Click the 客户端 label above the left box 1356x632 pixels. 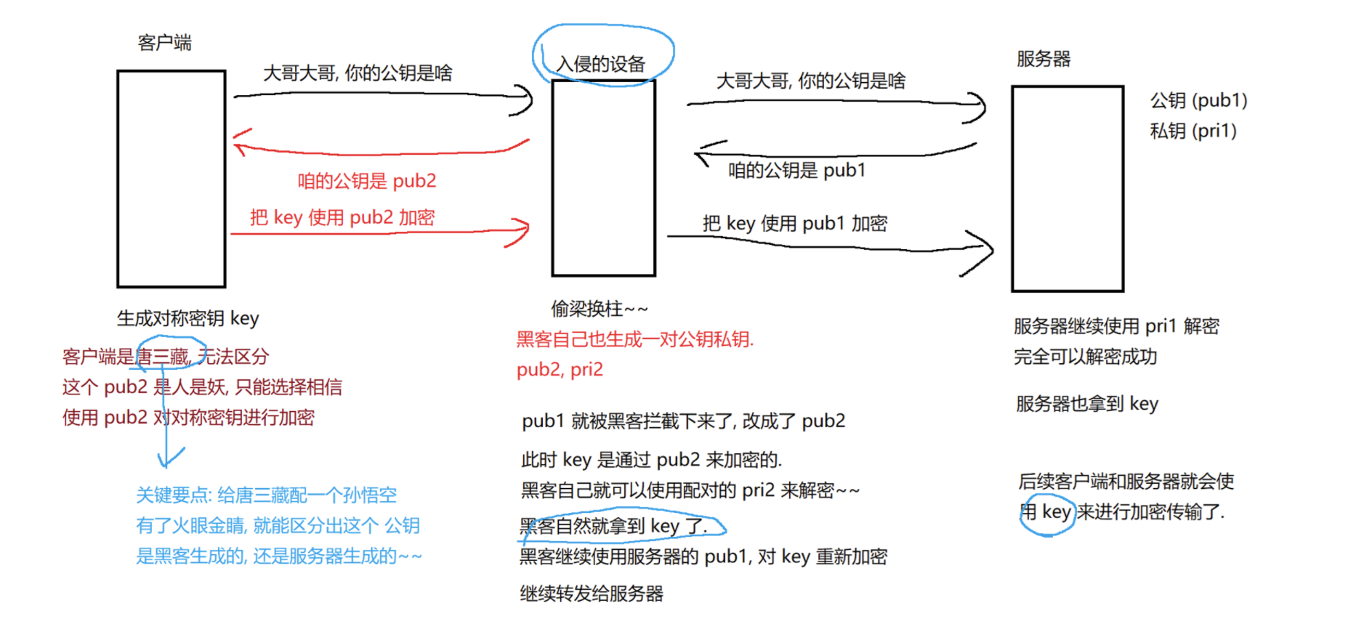pos(165,43)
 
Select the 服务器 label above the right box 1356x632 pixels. pos(1044,59)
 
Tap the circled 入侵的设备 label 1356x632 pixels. pos(601,64)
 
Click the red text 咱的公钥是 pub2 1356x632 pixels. pos(367,181)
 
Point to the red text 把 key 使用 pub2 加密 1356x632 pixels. pos(342,217)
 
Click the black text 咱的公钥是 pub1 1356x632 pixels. pos(797,170)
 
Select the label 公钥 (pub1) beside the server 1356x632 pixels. pos(1198,100)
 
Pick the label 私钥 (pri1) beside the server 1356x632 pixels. pos(1193,131)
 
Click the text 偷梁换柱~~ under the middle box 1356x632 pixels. pos(599,309)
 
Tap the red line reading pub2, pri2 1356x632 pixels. pos(560,370)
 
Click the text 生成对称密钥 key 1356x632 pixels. pos(187,318)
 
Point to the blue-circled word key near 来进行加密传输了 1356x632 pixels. pos(1056,512)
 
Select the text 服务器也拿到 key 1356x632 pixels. pos(1087,404)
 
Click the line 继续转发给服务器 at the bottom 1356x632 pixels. pos(592,593)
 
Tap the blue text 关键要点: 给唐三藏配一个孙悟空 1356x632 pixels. pos(267,495)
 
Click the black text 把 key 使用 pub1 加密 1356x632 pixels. pos(795,223)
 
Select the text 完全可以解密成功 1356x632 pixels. pos(1086,357)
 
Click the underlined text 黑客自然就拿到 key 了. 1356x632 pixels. pos(614,526)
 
